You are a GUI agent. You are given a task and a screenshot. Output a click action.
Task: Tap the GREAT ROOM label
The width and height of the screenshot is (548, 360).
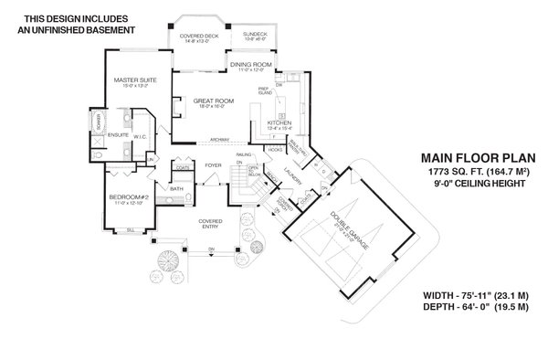pos(209,101)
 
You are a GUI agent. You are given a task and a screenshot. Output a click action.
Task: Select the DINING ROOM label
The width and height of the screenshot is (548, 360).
pos(251,65)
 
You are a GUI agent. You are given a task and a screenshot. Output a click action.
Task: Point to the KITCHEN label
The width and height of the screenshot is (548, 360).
pos(279,122)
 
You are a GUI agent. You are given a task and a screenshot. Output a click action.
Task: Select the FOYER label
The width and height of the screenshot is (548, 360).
pos(213,165)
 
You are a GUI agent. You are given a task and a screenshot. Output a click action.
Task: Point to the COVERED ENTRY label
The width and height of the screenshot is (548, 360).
pos(211,222)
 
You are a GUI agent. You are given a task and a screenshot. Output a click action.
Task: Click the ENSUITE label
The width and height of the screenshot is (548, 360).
pos(119,134)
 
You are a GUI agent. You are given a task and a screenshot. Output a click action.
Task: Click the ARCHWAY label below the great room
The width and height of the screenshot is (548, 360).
pos(218,140)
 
